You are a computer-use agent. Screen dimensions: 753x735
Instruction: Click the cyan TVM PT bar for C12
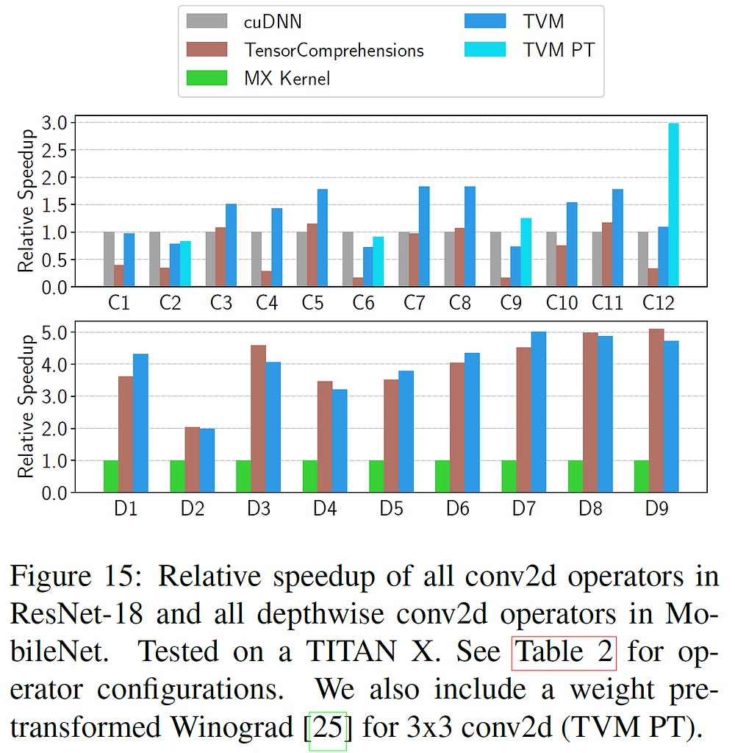673,205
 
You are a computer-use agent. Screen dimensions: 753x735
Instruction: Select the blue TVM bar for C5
323,238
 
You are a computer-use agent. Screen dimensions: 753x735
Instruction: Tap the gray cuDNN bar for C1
109,259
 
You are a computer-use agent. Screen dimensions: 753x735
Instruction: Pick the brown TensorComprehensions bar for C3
220,257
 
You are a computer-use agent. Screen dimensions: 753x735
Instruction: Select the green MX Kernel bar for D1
111,476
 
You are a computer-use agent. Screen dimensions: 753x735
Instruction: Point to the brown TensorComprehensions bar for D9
656,410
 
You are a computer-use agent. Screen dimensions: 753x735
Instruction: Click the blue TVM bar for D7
539,412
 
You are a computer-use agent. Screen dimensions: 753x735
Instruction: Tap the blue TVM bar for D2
207,460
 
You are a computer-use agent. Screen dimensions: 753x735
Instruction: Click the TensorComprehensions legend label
334,49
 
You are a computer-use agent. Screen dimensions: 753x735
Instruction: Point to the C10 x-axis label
562,302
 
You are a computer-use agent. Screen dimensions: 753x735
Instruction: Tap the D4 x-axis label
325,508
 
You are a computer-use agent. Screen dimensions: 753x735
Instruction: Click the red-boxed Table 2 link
564,652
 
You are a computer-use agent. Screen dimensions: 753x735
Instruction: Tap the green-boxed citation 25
328,727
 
